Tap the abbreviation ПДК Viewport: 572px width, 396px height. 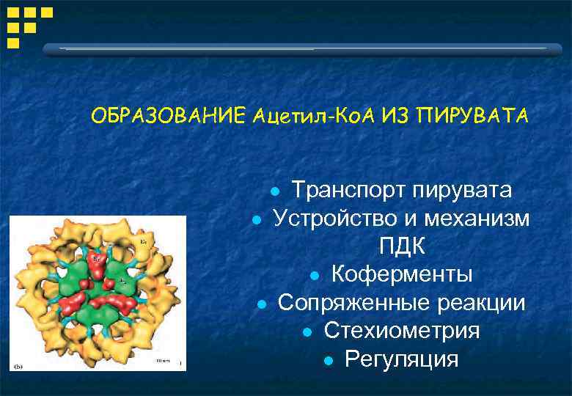(402, 246)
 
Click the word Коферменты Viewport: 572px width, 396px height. (402, 274)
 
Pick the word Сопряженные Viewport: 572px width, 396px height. (351, 303)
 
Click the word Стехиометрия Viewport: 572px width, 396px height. (402, 331)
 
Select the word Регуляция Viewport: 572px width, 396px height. (402, 359)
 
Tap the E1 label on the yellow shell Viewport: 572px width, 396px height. (144, 241)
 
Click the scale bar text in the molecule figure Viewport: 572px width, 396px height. (163, 362)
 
